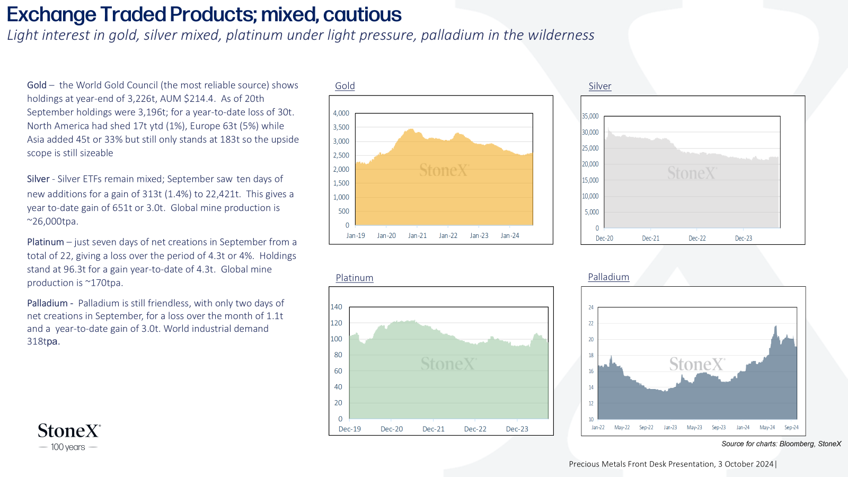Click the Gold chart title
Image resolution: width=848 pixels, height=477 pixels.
[x=345, y=86]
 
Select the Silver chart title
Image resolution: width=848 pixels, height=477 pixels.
[x=599, y=86]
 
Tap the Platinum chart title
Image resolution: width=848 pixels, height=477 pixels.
[x=355, y=278]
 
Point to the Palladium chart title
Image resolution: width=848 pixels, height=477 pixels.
[x=608, y=277]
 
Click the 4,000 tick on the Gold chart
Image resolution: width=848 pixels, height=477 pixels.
[x=341, y=113]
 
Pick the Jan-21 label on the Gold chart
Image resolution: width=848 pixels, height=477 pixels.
[x=417, y=235]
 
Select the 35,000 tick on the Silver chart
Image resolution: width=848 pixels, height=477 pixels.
[x=590, y=116]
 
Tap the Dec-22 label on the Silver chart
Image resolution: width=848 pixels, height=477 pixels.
[x=697, y=238]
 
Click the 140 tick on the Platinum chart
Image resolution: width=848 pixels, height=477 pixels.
[x=336, y=307]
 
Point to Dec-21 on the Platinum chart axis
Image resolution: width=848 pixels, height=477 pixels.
[x=433, y=429]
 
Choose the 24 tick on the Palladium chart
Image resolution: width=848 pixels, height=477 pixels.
[x=591, y=307]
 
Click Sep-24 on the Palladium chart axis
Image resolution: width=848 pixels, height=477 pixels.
[x=791, y=427]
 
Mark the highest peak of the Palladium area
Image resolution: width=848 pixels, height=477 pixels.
[x=776, y=326]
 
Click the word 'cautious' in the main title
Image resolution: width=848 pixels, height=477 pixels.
[x=363, y=15]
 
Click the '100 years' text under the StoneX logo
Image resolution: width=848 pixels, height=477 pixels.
[x=68, y=447]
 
